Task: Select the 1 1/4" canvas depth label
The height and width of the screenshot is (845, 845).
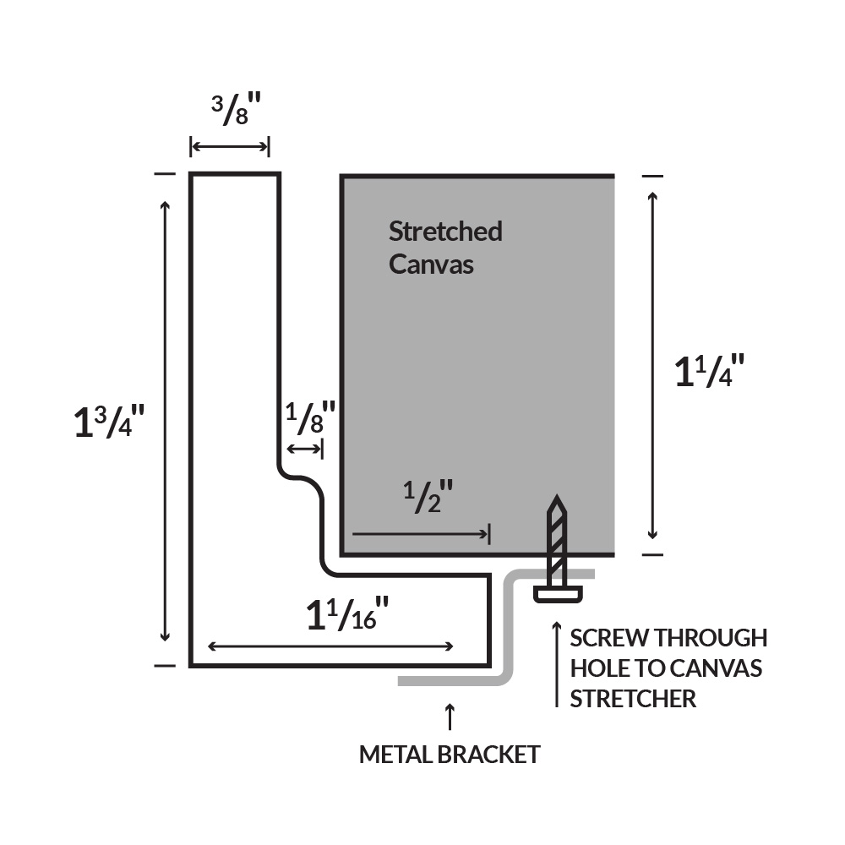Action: [709, 372]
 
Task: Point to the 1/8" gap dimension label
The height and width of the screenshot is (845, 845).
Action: [309, 417]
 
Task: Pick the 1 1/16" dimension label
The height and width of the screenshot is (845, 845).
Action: [347, 615]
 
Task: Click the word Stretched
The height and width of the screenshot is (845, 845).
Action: [445, 231]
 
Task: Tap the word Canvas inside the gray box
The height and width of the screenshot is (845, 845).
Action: [431, 264]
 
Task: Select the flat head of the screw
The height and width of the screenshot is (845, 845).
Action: [558, 594]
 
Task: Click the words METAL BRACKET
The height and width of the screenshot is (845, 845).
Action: [450, 754]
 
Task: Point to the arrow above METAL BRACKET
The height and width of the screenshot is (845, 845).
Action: [450, 716]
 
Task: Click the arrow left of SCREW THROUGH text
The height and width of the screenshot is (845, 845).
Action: [556, 664]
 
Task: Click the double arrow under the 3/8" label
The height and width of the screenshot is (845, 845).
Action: [230, 148]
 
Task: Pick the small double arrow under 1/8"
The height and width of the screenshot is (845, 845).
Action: [304, 449]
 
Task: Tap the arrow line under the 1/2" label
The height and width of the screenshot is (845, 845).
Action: [421, 534]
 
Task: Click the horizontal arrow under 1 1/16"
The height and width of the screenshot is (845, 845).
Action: [330, 646]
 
